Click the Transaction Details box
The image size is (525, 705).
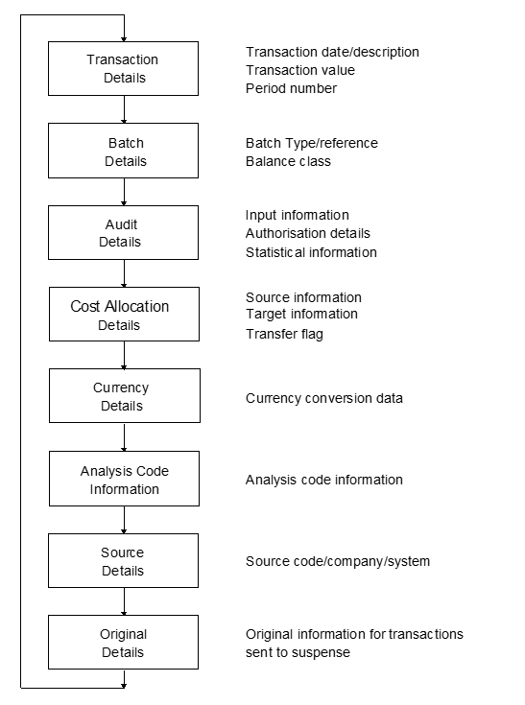123,68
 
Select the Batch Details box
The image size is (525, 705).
123,151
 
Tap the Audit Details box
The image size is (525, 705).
123,232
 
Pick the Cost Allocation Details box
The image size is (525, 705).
124,315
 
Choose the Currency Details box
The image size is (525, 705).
125,395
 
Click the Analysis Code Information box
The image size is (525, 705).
124,479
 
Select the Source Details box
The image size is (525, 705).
123,561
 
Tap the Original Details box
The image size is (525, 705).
123,642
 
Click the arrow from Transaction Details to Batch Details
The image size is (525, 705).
124,109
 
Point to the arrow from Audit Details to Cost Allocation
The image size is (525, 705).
124,273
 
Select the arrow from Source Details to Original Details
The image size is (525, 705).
124,601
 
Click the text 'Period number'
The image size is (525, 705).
291,88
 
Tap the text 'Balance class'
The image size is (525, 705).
288,161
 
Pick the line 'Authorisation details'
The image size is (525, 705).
308,233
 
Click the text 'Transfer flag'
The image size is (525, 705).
284,334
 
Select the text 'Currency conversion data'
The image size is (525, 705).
323,398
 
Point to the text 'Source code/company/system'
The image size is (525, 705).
338,561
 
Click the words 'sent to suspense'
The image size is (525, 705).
298,652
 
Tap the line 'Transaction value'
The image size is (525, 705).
300,70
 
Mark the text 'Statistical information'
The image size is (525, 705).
311,252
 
